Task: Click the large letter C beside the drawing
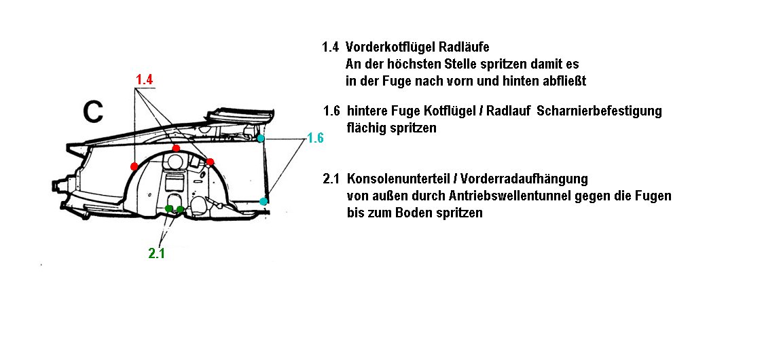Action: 93,112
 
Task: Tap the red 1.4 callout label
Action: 145,79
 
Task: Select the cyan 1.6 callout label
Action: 315,138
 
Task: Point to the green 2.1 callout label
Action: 156,253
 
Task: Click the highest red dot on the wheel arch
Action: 177,148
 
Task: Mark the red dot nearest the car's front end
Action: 134,166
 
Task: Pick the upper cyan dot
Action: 261,139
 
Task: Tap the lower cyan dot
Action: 264,201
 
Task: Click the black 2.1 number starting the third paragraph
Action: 331,179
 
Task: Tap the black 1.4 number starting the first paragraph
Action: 331,48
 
